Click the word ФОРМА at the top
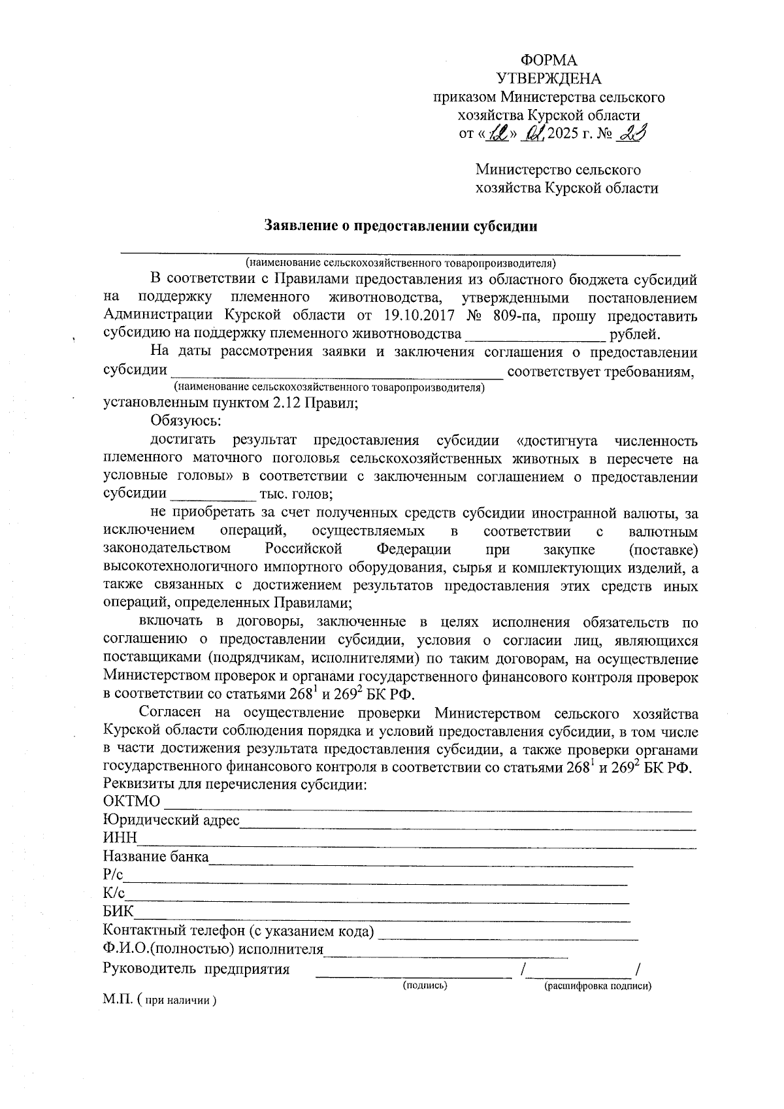click(x=553, y=61)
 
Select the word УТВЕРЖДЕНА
click(x=549, y=79)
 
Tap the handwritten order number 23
click(x=631, y=133)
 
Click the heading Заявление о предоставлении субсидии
click(x=400, y=226)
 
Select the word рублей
click(x=634, y=335)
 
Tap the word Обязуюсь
click(x=186, y=422)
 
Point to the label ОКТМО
click(x=131, y=802)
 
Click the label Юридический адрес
click(x=171, y=820)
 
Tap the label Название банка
click(x=155, y=857)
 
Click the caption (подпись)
click(x=425, y=985)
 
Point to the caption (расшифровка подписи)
click(x=598, y=985)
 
